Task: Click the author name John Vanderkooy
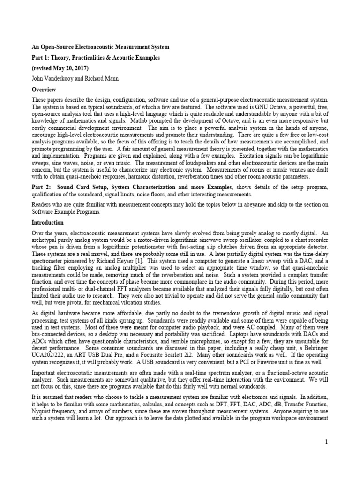[53, 79]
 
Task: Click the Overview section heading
[44, 89]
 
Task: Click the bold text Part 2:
[43, 187]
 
